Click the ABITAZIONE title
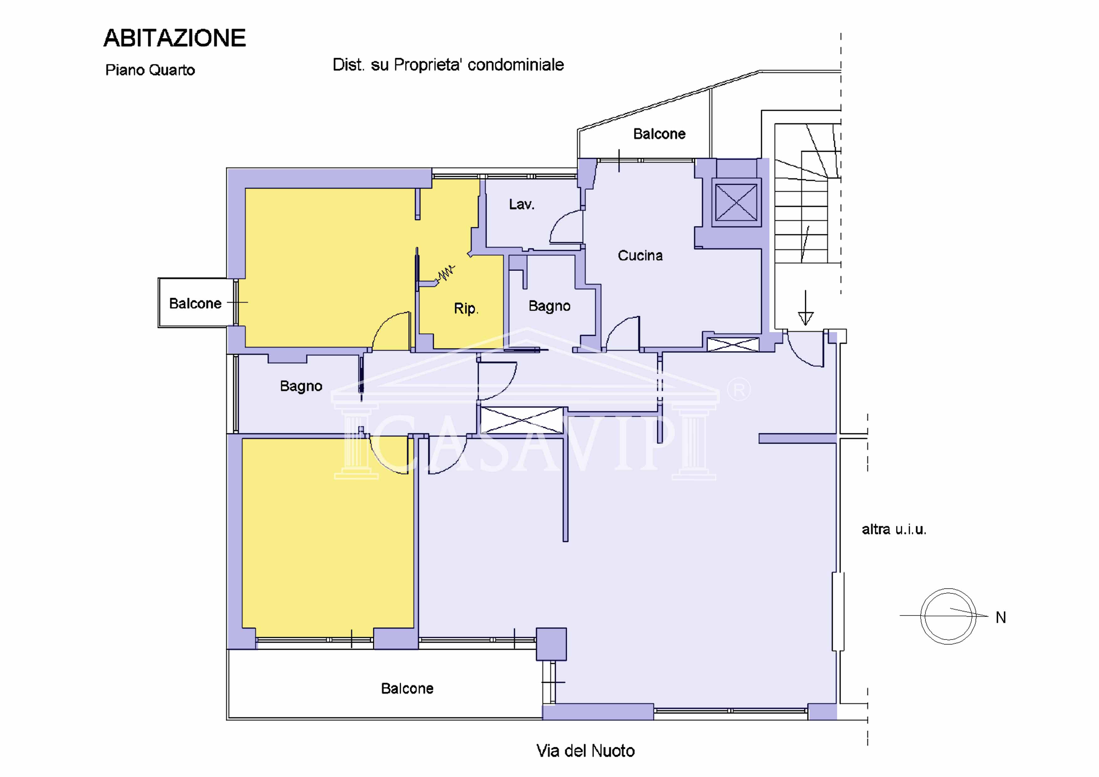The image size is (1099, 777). [175, 38]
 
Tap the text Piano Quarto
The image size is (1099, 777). [150, 70]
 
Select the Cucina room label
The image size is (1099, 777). [640, 256]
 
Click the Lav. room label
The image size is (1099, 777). [521, 204]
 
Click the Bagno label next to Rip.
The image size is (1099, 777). [549, 306]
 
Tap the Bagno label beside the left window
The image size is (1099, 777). [301, 386]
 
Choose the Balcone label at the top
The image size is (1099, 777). [659, 134]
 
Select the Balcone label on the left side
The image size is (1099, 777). [195, 304]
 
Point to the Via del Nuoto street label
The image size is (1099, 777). [586, 751]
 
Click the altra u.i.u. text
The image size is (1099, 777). [894, 529]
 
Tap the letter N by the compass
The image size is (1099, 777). [1000, 618]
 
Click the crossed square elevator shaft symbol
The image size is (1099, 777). [736, 202]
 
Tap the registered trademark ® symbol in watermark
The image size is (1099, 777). [739, 390]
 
